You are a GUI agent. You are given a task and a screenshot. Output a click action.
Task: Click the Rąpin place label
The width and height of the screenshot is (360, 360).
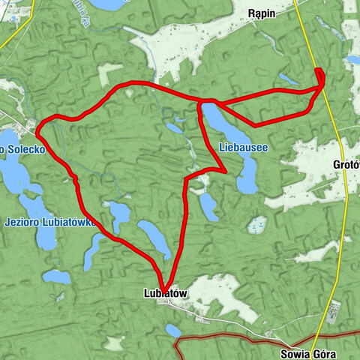tap(268, 12)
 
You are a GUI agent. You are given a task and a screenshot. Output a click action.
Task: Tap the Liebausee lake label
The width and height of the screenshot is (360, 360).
tap(244, 148)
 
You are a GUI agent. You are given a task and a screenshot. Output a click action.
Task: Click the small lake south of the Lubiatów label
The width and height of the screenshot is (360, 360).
tap(173, 329)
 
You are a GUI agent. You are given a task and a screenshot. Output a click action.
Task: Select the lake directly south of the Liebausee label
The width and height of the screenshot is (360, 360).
tap(246, 177)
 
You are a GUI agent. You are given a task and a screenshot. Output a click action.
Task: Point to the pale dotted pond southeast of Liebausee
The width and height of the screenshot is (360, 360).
tap(257, 224)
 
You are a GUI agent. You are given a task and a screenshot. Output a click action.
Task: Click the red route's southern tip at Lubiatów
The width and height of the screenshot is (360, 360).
tap(167, 286)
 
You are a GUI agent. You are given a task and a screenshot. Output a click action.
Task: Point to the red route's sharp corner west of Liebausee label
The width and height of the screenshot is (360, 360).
tap(225, 170)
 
